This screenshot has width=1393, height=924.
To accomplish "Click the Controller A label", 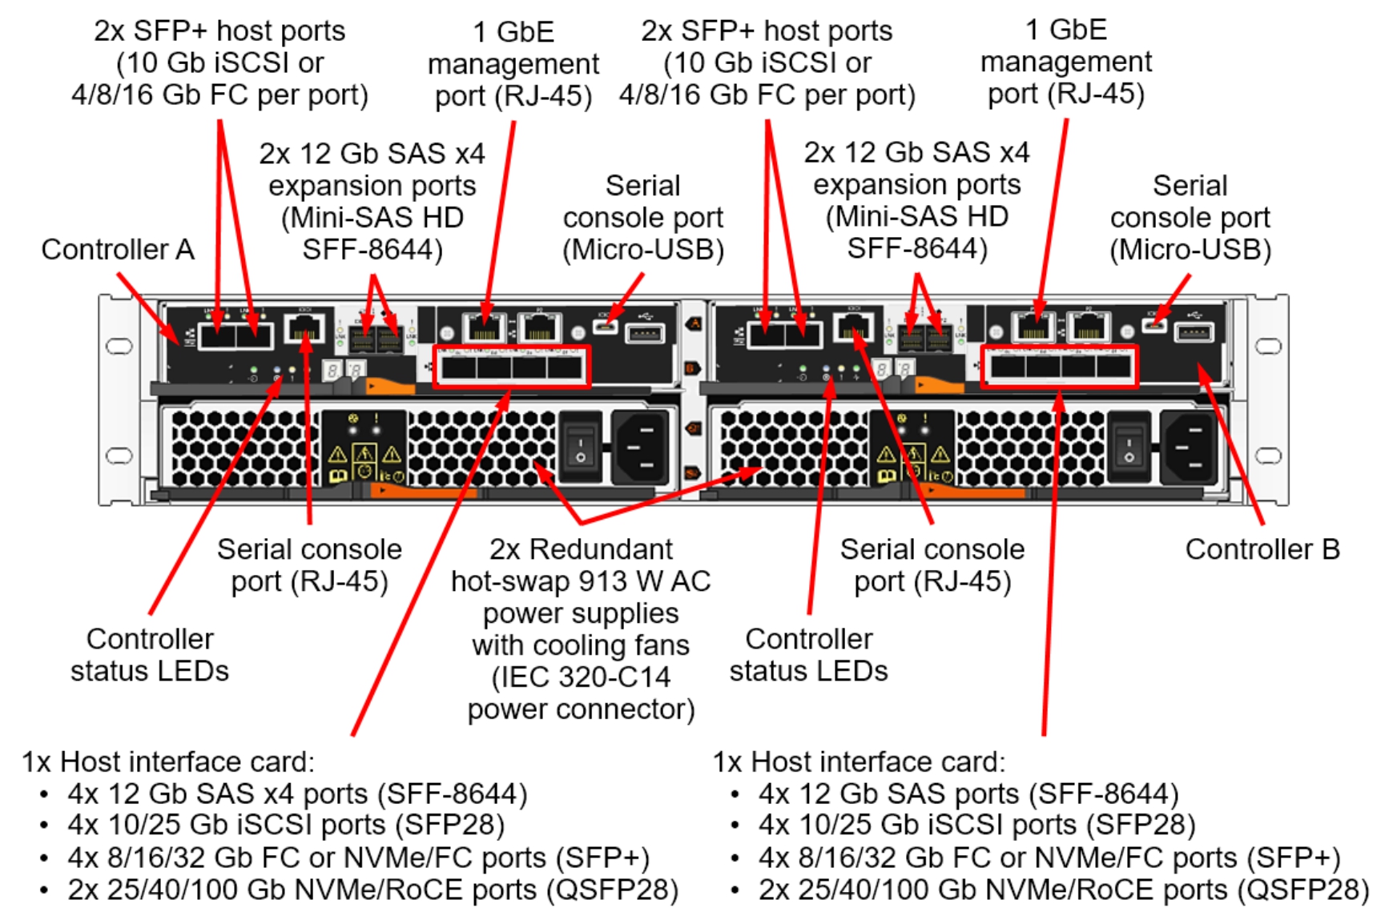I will [x=118, y=250].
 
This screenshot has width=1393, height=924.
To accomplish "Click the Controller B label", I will [x=1262, y=549].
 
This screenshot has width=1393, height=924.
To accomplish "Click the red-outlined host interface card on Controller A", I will [x=511, y=368].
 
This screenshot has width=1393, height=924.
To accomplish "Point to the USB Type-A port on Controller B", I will [x=1194, y=332].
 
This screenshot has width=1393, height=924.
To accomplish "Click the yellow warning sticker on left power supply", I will [x=364, y=457].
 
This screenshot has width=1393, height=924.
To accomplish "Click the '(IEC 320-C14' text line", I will [x=581, y=677].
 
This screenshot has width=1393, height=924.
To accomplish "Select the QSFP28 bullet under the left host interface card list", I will [x=372, y=890].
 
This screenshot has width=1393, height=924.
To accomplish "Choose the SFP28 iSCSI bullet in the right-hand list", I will [x=976, y=825].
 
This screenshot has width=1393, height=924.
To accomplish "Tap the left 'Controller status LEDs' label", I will [x=150, y=655].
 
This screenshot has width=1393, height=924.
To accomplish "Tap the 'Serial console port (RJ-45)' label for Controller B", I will [x=932, y=565].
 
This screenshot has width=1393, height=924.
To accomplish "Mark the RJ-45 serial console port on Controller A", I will [x=304, y=327].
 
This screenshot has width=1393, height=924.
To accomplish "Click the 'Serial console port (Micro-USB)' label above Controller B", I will [x=1190, y=218].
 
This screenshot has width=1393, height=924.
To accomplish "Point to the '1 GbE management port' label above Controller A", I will [x=513, y=64].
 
